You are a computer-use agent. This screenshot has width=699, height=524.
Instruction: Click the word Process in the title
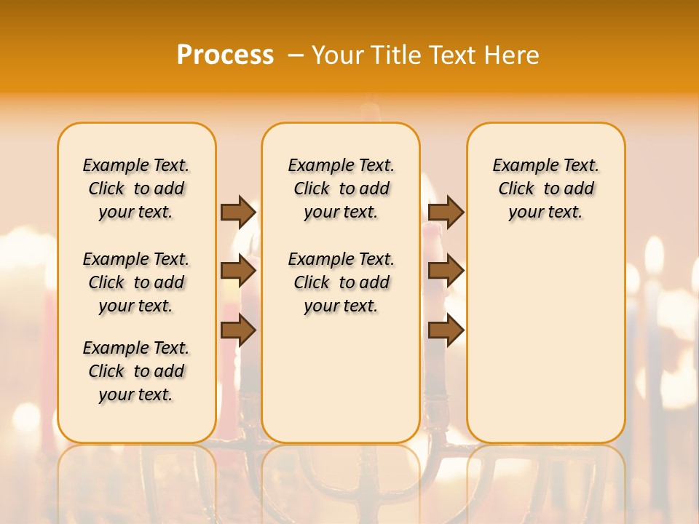[x=225, y=55]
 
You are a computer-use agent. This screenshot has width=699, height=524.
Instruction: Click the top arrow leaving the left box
[x=238, y=212]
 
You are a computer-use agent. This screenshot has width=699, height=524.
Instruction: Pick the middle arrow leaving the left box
[x=238, y=271]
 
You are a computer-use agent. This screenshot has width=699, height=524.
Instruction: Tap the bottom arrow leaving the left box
[x=238, y=330]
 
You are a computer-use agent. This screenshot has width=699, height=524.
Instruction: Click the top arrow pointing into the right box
[x=446, y=212]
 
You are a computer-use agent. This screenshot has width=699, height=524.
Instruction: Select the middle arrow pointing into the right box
[x=446, y=271]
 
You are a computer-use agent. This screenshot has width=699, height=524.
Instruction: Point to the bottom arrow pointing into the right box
[x=446, y=330]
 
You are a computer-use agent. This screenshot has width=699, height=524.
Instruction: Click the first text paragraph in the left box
[x=136, y=188]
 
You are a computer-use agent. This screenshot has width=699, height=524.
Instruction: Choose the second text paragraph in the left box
[x=136, y=282]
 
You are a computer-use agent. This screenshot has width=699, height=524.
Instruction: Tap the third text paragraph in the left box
[x=136, y=371]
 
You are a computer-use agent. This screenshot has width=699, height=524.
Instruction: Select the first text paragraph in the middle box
[x=341, y=188]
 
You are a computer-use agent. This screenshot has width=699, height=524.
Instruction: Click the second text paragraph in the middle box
[x=341, y=282]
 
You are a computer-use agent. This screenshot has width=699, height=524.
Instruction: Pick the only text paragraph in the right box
[x=545, y=188]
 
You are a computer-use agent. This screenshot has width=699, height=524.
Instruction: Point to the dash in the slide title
[x=296, y=55]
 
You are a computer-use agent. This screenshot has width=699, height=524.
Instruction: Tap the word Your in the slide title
[x=339, y=55]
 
